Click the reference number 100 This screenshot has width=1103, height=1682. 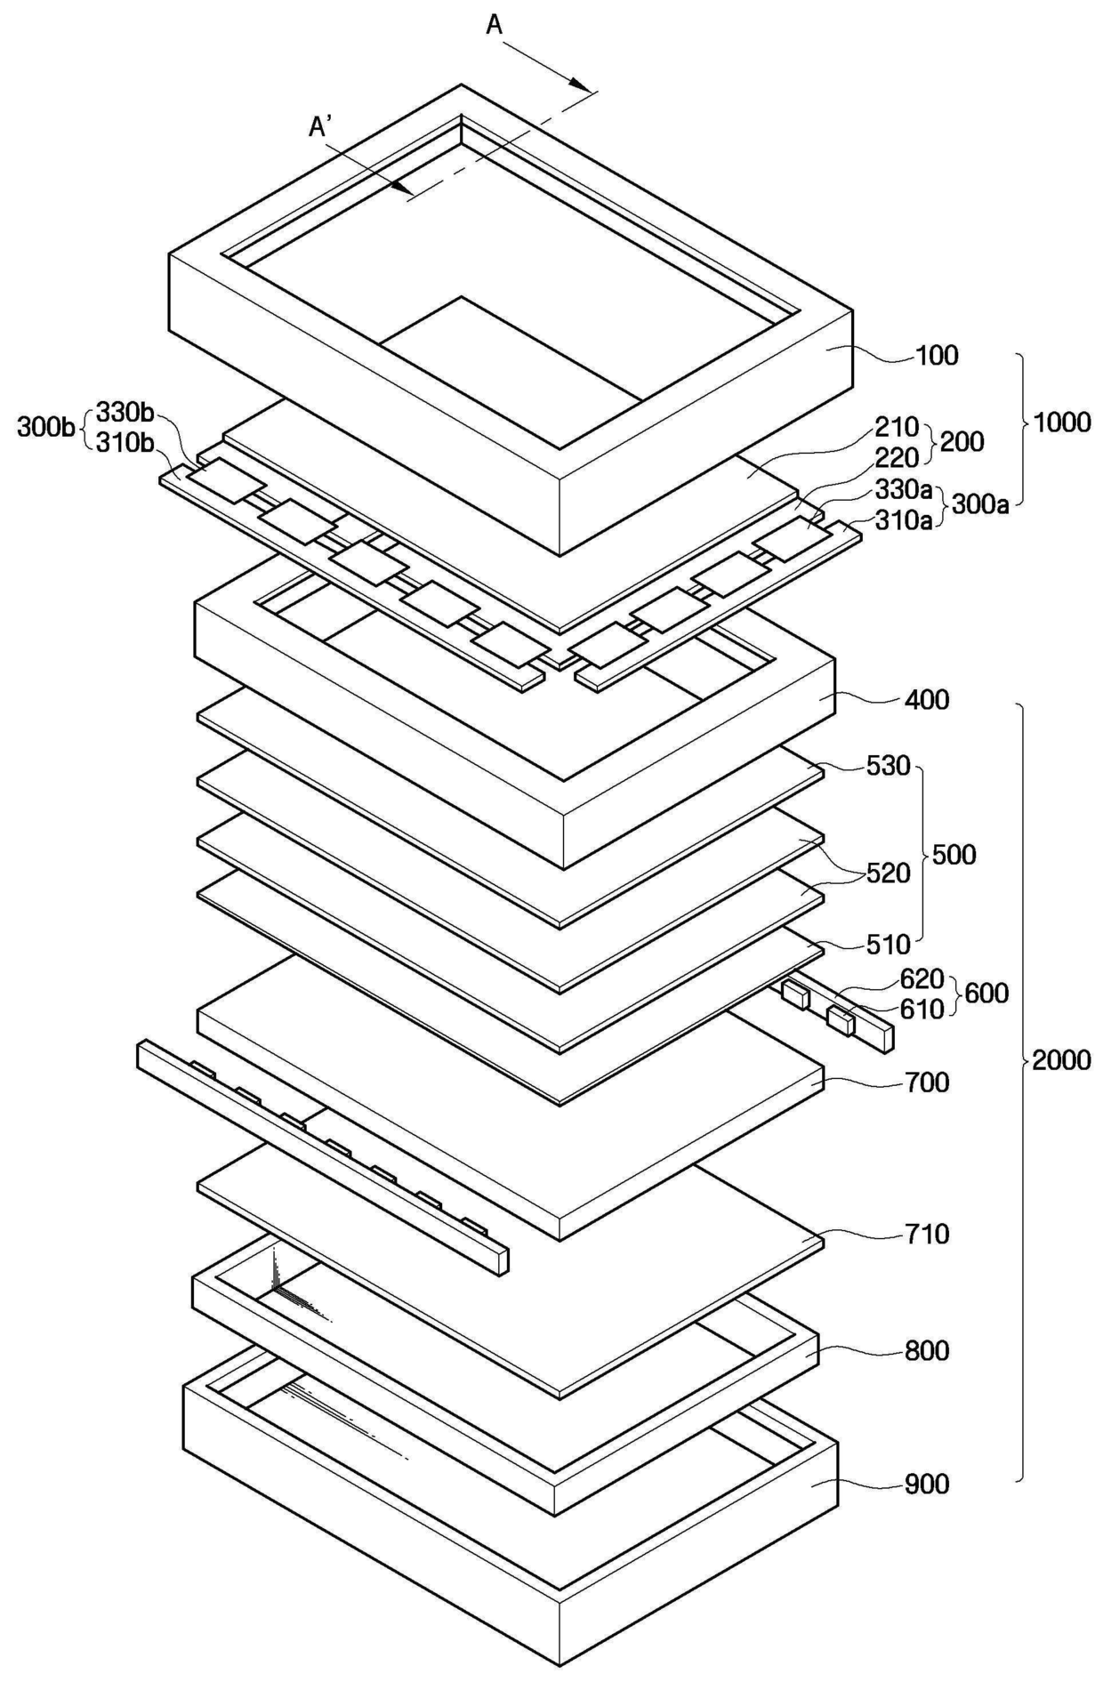937,356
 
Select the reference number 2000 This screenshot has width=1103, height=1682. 1061,1059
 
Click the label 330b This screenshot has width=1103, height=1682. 125,413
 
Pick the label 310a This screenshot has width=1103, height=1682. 904,519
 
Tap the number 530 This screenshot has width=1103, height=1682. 887,765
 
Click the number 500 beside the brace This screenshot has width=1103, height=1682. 954,855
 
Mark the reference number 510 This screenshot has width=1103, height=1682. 887,944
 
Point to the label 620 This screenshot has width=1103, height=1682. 921,978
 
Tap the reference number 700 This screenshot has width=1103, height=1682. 927,1082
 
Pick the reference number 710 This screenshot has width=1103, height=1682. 927,1234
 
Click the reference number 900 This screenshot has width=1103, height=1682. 927,1484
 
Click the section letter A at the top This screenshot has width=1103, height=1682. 495,26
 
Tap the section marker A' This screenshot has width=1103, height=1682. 320,128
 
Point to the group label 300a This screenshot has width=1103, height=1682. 980,505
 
